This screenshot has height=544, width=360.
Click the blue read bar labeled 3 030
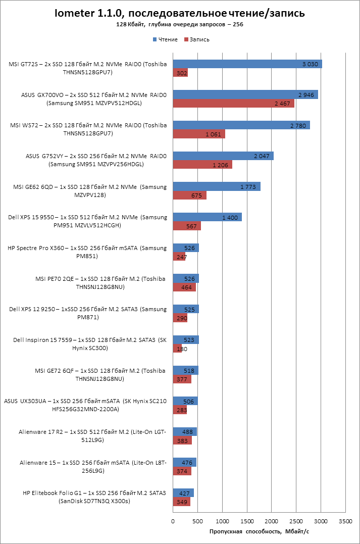(247, 64)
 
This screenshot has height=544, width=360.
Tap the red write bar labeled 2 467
(233, 104)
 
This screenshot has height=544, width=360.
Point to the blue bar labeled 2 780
(241, 125)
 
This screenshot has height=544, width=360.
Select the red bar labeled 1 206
(202, 165)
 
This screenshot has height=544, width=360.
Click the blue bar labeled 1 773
(217, 186)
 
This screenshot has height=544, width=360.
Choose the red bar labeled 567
(187, 226)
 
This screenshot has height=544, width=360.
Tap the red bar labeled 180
(177, 349)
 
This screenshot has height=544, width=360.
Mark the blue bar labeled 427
(183, 493)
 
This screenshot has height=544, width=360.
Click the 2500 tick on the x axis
(296, 521)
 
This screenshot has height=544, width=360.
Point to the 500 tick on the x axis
(198, 521)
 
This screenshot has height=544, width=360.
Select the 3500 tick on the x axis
(345, 521)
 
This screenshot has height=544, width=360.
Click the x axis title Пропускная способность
(259, 532)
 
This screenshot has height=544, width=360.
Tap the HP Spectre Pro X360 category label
(87, 252)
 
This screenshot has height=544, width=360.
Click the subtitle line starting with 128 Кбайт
(180, 24)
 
